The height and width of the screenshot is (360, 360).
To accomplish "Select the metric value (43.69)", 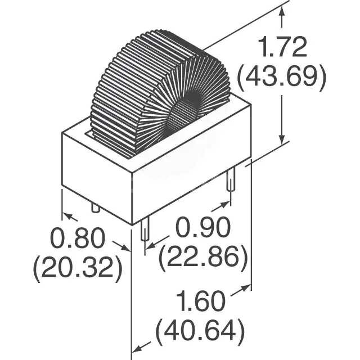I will click(x=281, y=79).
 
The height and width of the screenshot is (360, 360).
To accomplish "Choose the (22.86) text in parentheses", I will click(x=203, y=258).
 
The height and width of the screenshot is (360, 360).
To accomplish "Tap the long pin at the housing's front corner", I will click(x=145, y=232).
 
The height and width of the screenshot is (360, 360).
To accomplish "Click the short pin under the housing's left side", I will click(x=95, y=208).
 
